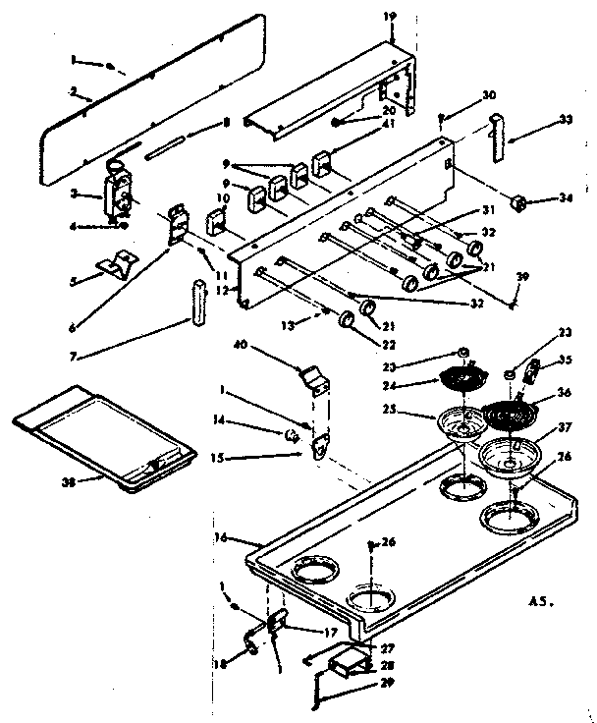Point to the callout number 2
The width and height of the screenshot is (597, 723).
(72, 93)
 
